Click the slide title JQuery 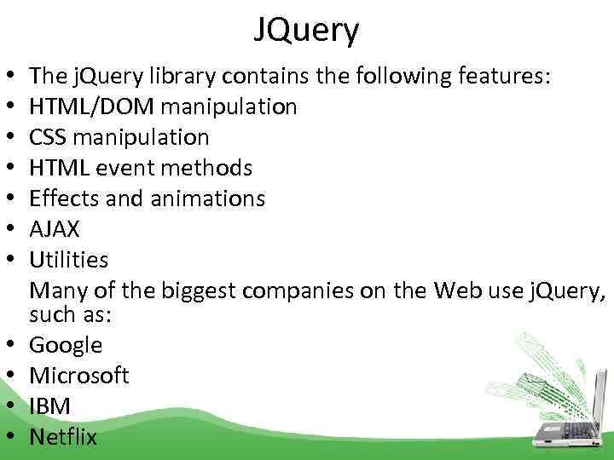[x=306, y=31]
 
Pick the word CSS [x=49, y=137]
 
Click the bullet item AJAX [x=55, y=229]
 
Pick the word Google [x=66, y=345]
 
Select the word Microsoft [x=79, y=376]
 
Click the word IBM [x=50, y=406]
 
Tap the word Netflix [x=63, y=437]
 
